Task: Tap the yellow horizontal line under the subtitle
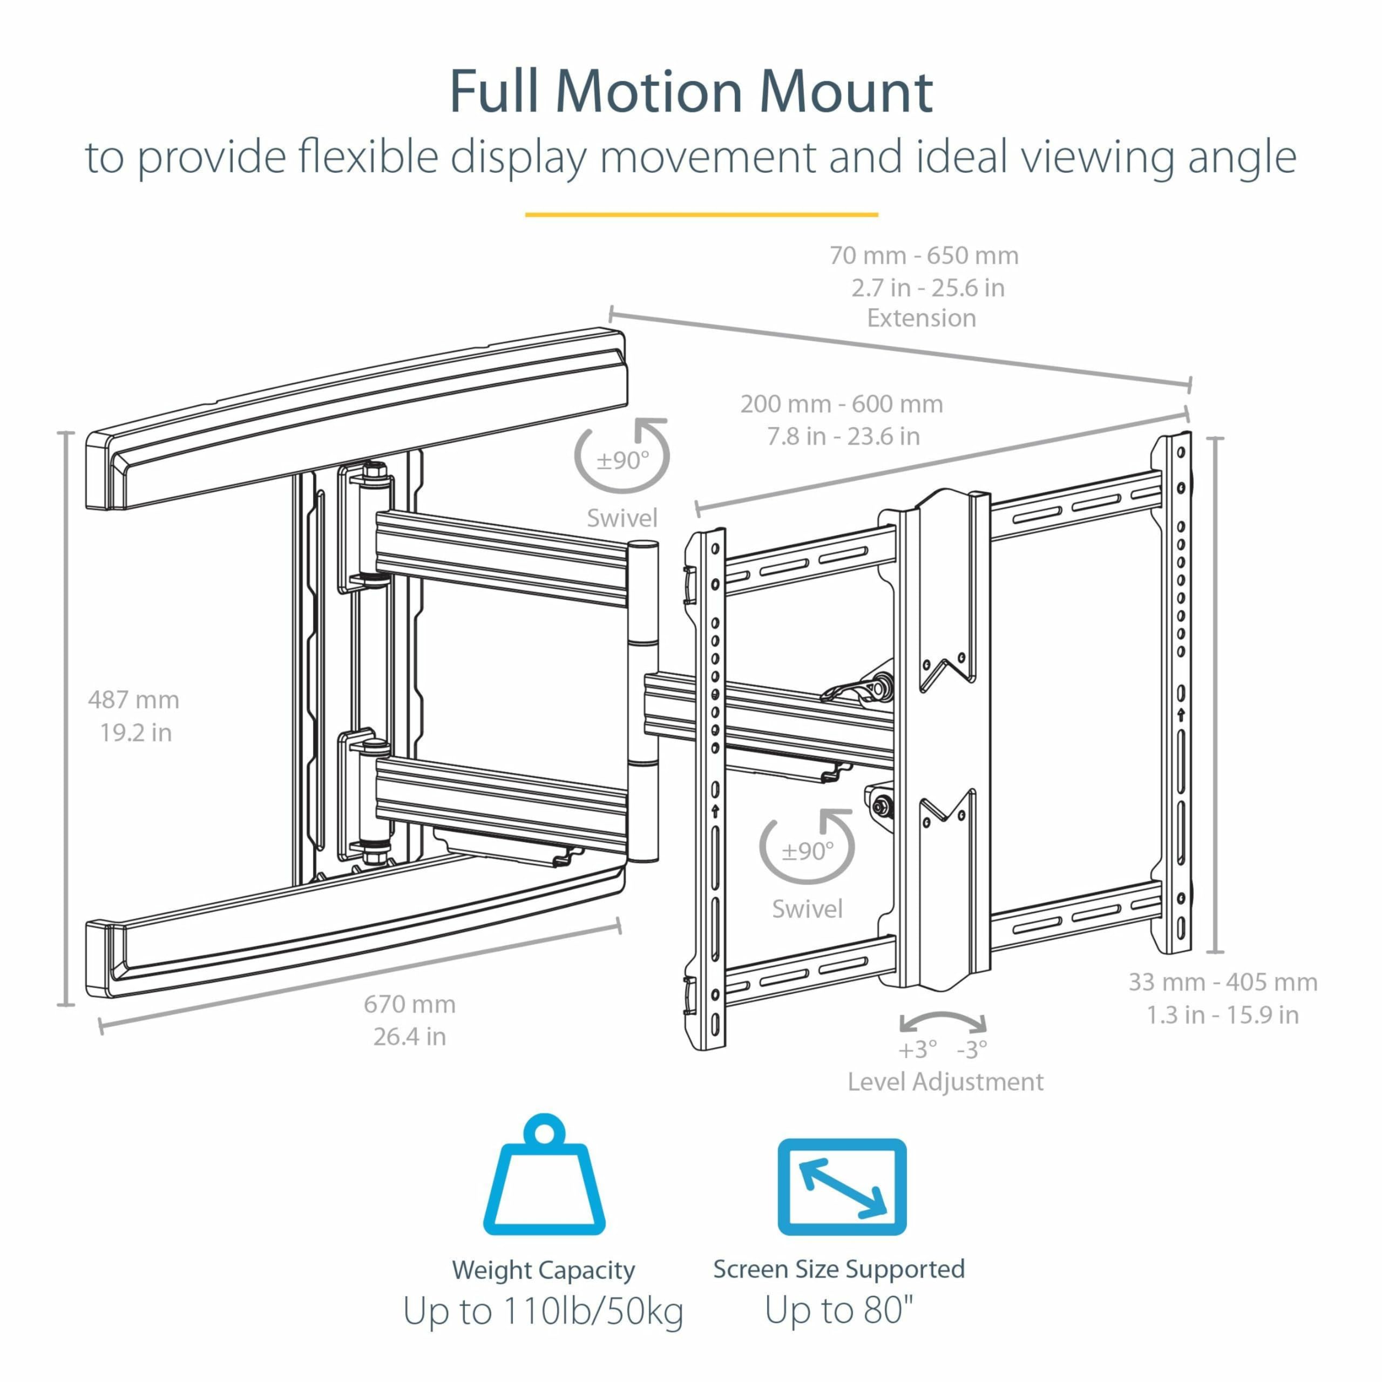pyautogui.click(x=701, y=214)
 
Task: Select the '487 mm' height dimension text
pyautogui.click(x=134, y=700)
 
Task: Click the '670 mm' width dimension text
pyautogui.click(x=409, y=1004)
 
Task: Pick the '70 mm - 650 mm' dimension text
pyautogui.click(x=924, y=255)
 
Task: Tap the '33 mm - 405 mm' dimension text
pyautogui.click(x=1223, y=982)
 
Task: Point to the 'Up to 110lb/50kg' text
pyautogui.click(x=544, y=1312)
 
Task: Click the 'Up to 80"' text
pyautogui.click(x=839, y=1310)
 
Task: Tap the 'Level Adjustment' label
pyautogui.click(x=945, y=1081)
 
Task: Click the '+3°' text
pyautogui.click(x=917, y=1050)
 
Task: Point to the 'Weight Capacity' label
pyautogui.click(x=544, y=1270)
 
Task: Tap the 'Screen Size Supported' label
pyautogui.click(x=839, y=1269)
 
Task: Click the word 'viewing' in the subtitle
pyautogui.click(x=1098, y=158)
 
